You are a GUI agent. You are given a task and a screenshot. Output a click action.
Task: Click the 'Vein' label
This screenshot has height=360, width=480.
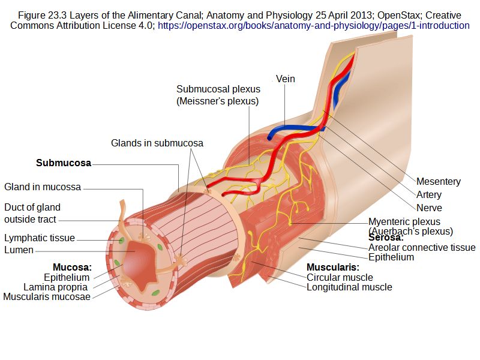click(x=286, y=79)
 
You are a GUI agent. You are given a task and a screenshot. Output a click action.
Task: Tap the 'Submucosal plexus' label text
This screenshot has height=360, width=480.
click(x=218, y=89)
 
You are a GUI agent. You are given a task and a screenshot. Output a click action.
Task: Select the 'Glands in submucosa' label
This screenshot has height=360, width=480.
click(x=157, y=143)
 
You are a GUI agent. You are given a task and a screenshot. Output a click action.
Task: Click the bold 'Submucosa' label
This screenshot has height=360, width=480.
click(x=64, y=163)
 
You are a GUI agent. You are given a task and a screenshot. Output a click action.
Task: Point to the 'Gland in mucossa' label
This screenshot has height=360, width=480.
click(x=43, y=187)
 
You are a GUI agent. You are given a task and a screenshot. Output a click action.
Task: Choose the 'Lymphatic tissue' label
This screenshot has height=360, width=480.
click(x=40, y=238)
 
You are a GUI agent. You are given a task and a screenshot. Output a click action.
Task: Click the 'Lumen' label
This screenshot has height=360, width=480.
click(x=19, y=250)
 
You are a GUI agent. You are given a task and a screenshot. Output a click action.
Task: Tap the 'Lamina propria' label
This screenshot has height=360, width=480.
click(x=56, y=287)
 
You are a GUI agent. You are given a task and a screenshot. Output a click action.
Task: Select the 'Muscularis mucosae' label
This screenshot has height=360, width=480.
click(x=47, y=296)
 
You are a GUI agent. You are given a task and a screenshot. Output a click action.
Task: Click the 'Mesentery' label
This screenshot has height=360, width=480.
click(x=438, y=181)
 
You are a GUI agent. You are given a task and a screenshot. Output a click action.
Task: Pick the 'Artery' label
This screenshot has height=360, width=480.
click(x=428, y=194)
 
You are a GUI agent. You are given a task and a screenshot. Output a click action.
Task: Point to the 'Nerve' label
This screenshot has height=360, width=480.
click(x=429, y=208)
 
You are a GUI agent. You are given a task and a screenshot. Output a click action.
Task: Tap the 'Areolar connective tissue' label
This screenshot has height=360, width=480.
click(x=422, y=247)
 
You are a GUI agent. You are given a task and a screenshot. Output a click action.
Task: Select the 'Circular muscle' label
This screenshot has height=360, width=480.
click(x=340, y=277)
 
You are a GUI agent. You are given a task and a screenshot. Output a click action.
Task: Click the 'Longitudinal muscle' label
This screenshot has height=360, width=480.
click(x=349, y=287)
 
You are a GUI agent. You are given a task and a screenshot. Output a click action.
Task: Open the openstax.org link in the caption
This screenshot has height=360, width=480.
click(x=313, y=26)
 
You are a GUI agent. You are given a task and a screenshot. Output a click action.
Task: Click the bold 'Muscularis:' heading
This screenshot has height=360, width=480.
click(x=333, y=267)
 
